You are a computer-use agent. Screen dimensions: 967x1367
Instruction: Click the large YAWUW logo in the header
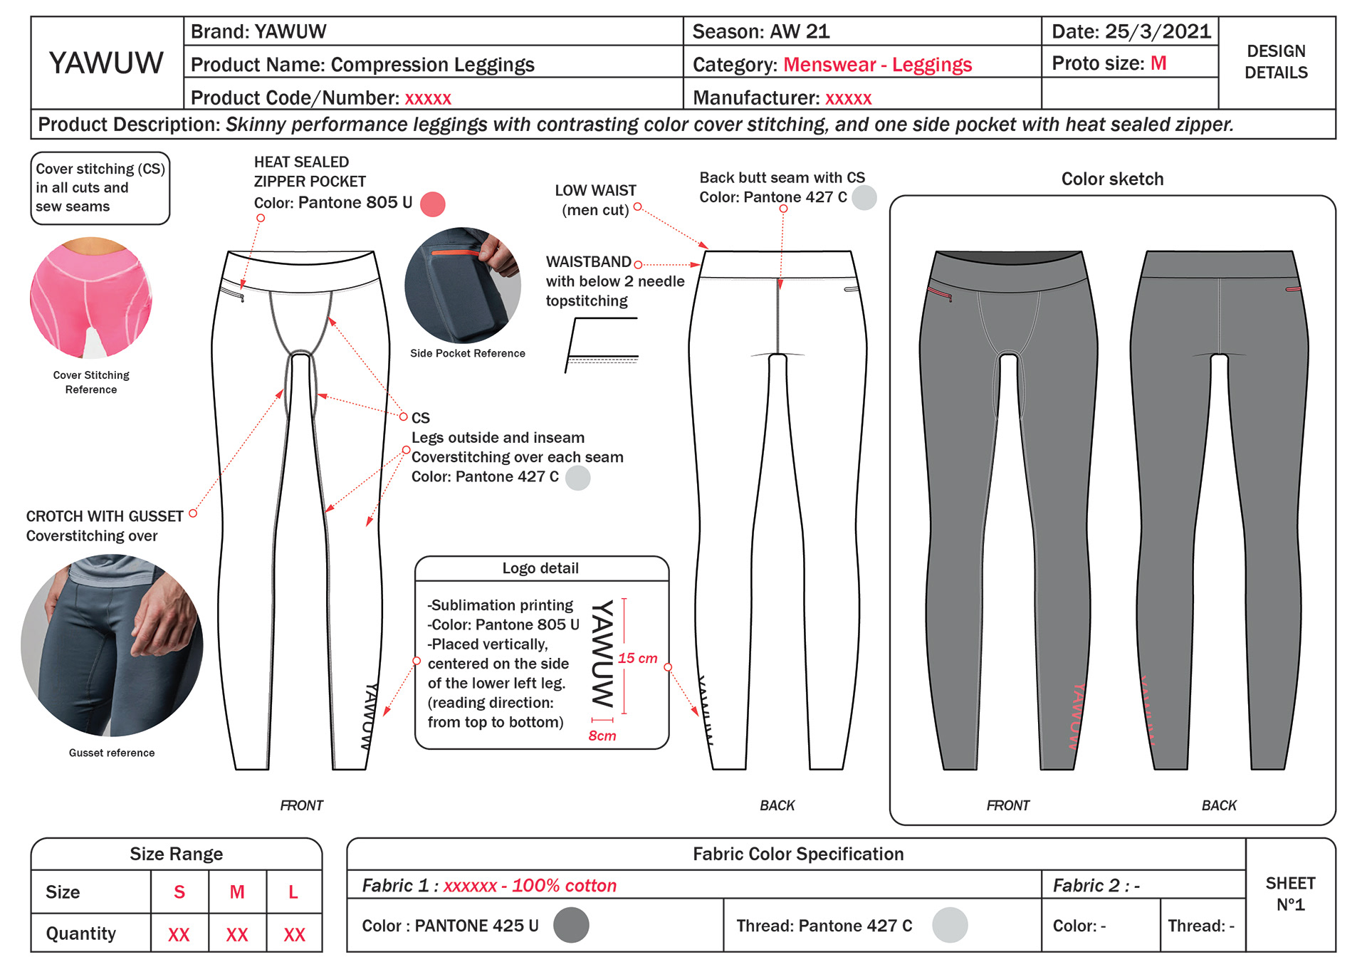(106, 63)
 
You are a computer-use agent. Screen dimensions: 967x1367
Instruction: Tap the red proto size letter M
(1158, 63)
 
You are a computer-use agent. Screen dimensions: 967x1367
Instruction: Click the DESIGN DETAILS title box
(1276, 62)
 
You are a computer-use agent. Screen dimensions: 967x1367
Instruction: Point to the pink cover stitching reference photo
(91, 298)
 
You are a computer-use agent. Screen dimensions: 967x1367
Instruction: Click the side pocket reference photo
(463, 285)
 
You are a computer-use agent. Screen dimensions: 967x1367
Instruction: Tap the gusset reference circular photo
(112, 645)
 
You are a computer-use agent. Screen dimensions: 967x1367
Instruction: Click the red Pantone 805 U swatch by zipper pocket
(432, 204)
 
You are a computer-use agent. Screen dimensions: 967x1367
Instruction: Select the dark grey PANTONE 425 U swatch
(571, 925)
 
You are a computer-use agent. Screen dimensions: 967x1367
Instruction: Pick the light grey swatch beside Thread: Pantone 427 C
(950, 925)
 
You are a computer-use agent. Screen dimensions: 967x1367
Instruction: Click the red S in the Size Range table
(179, 892)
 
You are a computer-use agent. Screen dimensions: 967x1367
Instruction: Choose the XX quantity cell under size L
(294, 934)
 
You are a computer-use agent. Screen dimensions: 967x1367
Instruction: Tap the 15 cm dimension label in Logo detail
(637, 658)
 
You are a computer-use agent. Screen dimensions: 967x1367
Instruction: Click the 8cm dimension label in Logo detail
(602, 736)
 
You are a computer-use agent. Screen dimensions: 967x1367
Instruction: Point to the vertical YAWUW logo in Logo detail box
(602, 654)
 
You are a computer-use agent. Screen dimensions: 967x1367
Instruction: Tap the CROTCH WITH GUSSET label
(105, 516)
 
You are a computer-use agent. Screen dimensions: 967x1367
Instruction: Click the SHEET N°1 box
(1290, 894)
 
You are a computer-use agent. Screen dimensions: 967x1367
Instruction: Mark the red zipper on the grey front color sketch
(941, 292)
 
